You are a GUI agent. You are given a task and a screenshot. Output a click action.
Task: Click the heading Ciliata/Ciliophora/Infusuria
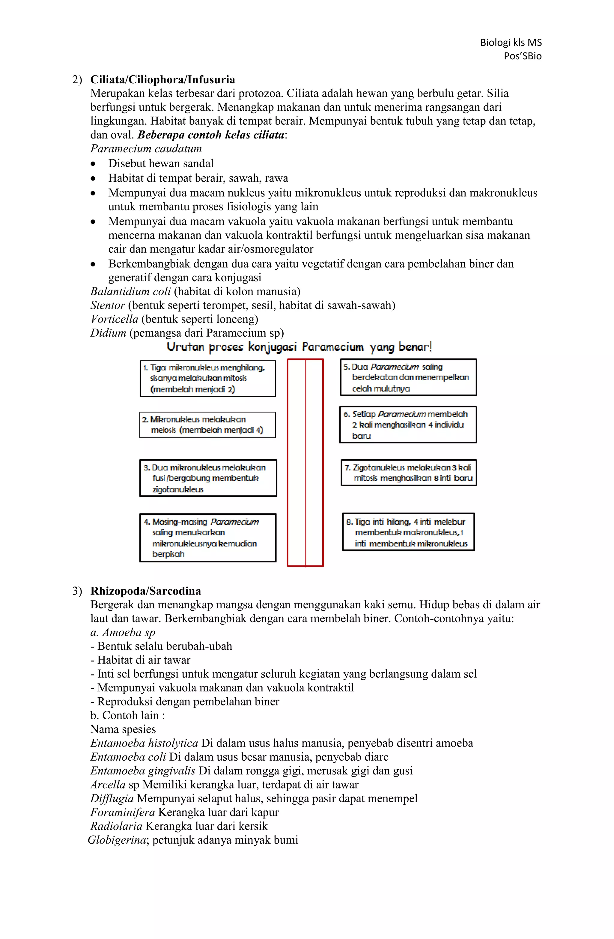[162, 80]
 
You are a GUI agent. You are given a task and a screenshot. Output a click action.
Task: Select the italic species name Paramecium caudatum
[146, 149]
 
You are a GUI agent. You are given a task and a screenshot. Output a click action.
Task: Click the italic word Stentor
[107, 306]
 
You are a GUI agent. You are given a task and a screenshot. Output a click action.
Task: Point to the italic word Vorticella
[114, 319]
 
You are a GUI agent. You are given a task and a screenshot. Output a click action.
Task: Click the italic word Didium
[108, 333]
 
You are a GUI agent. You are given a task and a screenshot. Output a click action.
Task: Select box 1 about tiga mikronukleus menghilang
[207, 378]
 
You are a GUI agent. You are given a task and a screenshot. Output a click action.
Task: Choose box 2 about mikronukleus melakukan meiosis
[207, 425]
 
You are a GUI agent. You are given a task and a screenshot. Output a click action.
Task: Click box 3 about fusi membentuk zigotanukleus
[208, 478]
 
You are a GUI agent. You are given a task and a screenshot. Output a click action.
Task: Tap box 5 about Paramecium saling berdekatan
[408, 377]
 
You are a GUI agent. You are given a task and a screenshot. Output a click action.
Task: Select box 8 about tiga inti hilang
[408, 532]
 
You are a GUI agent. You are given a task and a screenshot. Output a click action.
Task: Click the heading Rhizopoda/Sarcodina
[146, 591]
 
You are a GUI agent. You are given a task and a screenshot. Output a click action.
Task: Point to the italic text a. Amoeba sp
[123, 632]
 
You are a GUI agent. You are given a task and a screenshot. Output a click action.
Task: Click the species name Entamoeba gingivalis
[142, 771]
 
